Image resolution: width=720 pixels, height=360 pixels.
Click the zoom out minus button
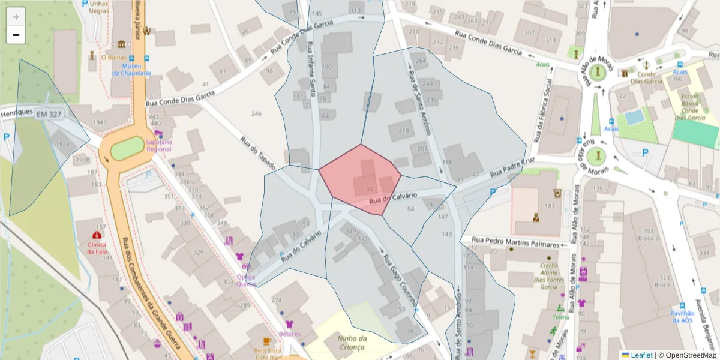[x=16, y=35]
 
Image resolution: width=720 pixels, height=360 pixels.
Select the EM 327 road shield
[x=49, y=114]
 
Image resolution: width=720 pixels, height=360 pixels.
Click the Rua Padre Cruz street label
[x=512, y=167]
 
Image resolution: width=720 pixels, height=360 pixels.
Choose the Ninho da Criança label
[x=352, y=343]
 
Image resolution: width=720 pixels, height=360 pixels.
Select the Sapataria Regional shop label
[x=158, y=145]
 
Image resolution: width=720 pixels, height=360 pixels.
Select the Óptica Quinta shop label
[x=245, y=281]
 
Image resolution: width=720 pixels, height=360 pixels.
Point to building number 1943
[x=100, y=122]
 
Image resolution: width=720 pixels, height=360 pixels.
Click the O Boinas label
[x=112, y=58]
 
